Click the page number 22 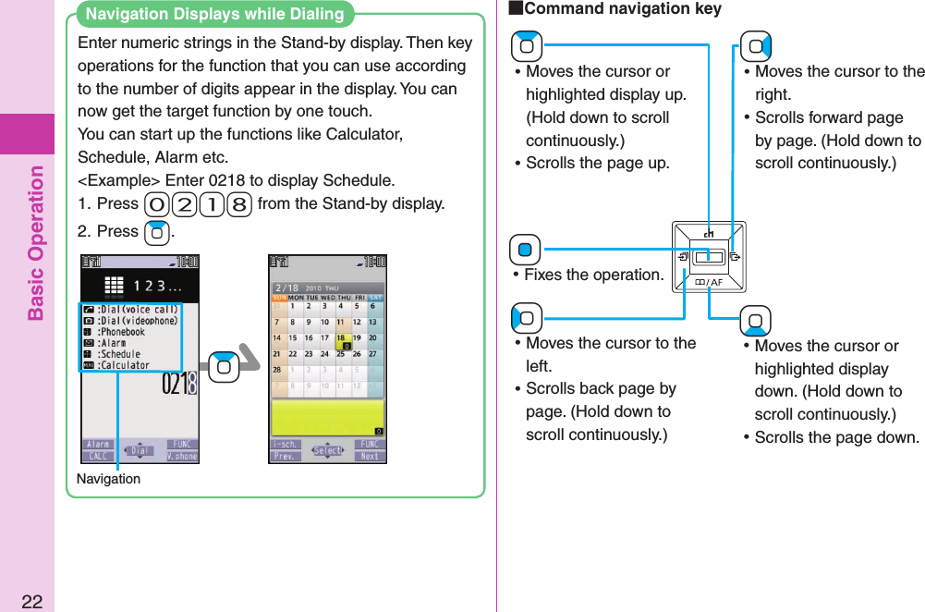(x=31, y=602)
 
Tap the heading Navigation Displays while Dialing (x=214, y=14)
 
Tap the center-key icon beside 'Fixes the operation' (x=525, y=251)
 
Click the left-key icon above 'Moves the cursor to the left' (x=526, y=319)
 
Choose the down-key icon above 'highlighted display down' (x=755, y=321)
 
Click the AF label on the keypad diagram (x=709, y=282)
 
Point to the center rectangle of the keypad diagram (x=709, y=256)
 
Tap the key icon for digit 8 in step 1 (x=239, y=204)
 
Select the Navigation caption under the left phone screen (x=108, y=479)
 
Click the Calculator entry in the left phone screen (x=124, y=365)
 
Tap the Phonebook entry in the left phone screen (x=122, y=332)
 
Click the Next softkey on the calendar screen (x=370, y=456)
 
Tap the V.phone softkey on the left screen (x=182, y=456)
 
